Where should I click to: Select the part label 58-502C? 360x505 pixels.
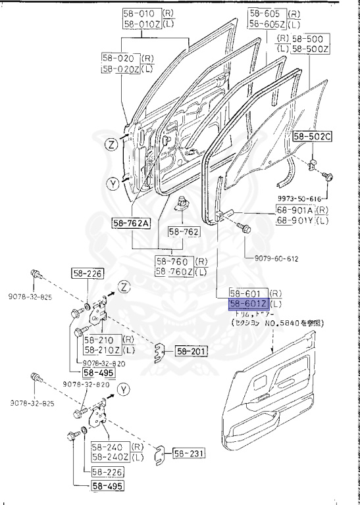click(313, 137)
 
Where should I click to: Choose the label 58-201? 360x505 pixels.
click(191, 351)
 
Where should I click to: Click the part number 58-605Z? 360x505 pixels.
click(266, 24)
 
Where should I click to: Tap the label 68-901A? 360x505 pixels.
click(295, 210)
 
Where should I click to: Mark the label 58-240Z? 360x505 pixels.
click(110, 456)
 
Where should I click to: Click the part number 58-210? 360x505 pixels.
click(101, 339)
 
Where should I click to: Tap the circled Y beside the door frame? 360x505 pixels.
click(113, 183)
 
